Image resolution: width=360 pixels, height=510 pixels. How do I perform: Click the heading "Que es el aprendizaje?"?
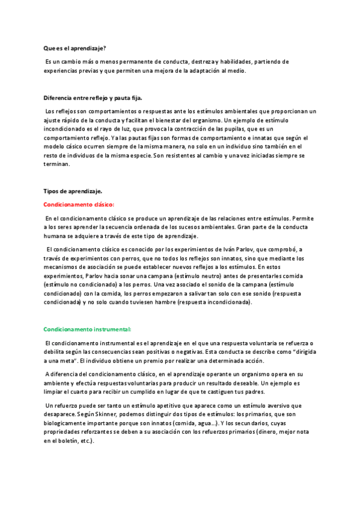[75, 48]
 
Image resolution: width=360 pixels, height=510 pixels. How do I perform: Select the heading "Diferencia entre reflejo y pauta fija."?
[93, 98]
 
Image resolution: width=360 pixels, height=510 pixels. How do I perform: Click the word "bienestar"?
[165, 120]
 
